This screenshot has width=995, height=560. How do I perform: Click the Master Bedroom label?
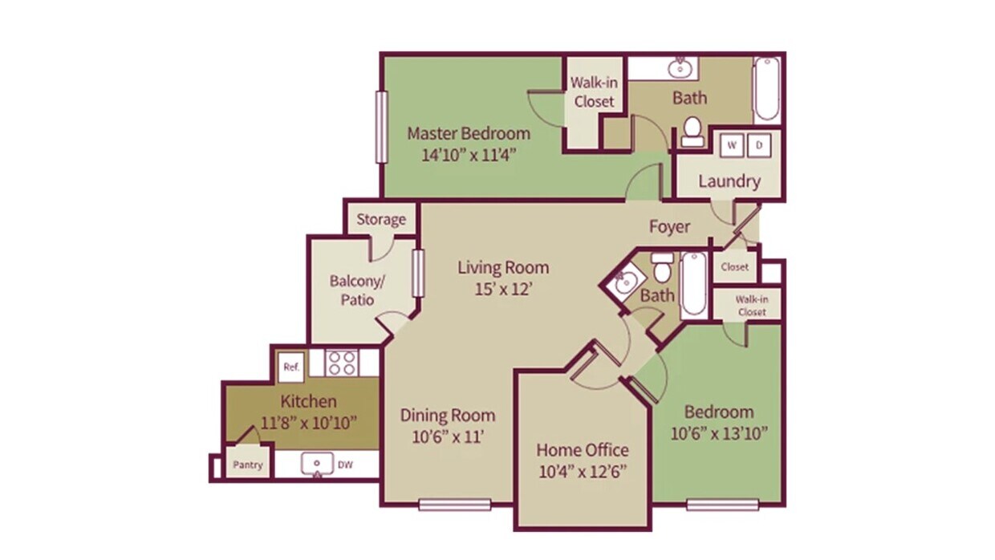(469, 134)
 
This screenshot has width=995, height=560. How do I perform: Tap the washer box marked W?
(732, 146)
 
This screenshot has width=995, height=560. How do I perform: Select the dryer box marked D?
(759, 146)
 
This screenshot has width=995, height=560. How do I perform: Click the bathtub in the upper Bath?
(767, 89)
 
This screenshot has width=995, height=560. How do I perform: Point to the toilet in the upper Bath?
(692, 132)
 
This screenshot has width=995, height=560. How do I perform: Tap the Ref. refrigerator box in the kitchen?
(290, 367)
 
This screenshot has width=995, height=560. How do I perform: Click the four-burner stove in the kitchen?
(343, 363)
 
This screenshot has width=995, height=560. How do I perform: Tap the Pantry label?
(248, 465)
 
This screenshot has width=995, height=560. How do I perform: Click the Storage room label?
(381, 220)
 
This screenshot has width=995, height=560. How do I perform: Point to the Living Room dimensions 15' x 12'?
(503, 289)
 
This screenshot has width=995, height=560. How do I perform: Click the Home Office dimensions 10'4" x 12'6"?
(583, 470)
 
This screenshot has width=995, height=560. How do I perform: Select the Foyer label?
(669, 227)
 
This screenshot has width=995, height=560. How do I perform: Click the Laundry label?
(729, 181)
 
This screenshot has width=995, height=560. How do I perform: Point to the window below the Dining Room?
(454, 505)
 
